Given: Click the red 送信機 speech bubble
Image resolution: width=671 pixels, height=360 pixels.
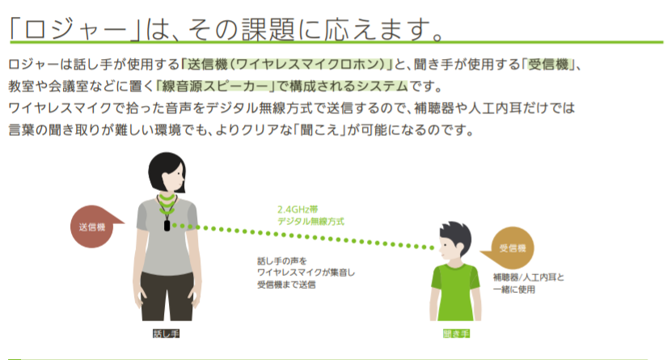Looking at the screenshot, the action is point(91,227).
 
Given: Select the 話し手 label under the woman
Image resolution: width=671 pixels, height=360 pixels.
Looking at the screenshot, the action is point(166,333).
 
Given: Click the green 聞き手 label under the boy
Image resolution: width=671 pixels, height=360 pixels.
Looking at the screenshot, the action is point(456,333).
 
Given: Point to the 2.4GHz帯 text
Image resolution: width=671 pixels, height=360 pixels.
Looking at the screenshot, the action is point(298,210).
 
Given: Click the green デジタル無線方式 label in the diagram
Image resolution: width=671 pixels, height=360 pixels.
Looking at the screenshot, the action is point(310,222).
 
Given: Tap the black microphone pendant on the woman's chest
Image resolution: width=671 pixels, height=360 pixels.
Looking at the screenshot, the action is point(167,225).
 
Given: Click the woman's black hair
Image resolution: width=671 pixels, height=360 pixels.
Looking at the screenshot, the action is point(165,172).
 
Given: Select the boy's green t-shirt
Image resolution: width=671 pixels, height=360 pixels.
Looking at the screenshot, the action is point(455,292).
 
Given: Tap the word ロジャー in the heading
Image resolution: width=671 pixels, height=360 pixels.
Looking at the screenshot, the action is point(75,30).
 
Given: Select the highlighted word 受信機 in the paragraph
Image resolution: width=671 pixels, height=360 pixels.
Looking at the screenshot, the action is point(548,64).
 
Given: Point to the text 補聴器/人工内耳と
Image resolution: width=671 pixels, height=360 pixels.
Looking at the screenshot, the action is point(529,277).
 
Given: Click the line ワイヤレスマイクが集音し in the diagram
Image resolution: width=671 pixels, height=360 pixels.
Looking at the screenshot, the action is point(306,273).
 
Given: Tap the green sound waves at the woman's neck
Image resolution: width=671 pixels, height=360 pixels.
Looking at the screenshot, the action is point(167,205).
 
